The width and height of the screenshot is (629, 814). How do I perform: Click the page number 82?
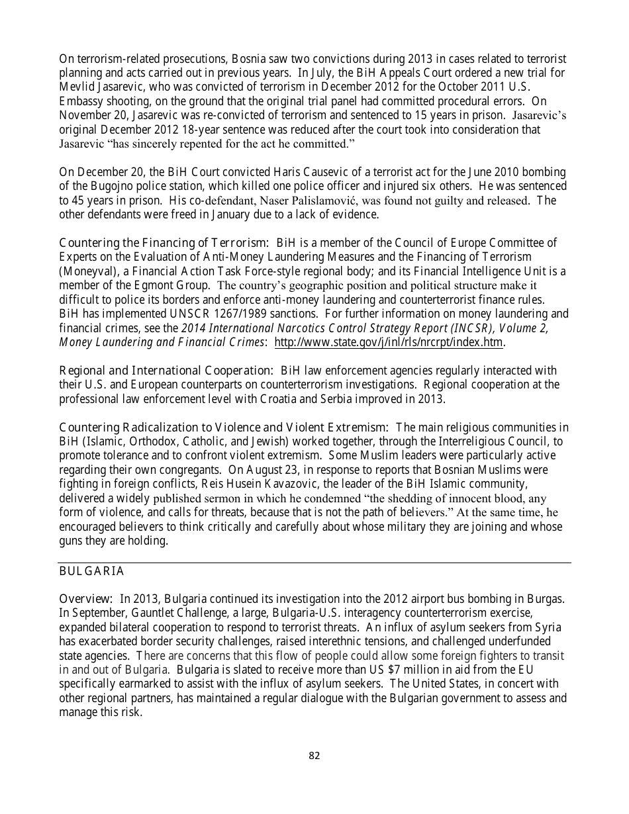coord(314,756)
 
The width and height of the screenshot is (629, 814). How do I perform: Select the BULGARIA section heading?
coord(91,570)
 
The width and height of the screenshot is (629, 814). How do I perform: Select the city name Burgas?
coord(546,599)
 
